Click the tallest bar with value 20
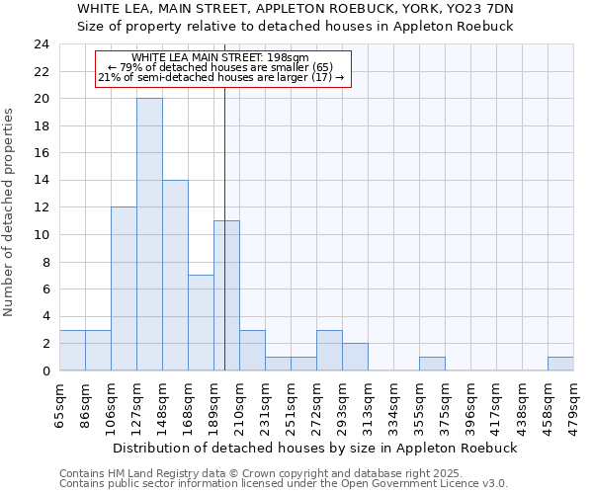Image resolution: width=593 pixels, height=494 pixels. [x=149, y=234]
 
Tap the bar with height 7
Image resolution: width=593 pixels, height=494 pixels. [x=201, y=322]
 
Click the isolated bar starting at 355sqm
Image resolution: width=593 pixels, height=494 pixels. [x=432, y=364]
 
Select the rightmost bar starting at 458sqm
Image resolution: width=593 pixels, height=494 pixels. [x=560, y=364]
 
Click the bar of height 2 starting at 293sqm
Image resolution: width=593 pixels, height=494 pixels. [x=355, y=357]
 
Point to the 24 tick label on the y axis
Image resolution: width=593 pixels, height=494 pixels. [x=41, y=44]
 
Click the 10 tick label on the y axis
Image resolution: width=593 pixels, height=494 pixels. [x=41, y=235]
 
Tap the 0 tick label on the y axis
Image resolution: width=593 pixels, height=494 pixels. [x=44, y=370]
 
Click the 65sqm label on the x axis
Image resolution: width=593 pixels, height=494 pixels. [x=60, y=402]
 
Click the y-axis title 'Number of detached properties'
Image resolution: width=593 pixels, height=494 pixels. [x=10, y=212]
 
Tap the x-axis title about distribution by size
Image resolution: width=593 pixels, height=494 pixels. [x=314, y=448]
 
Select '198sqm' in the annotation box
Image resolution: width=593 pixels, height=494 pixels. [x=288, y=58]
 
